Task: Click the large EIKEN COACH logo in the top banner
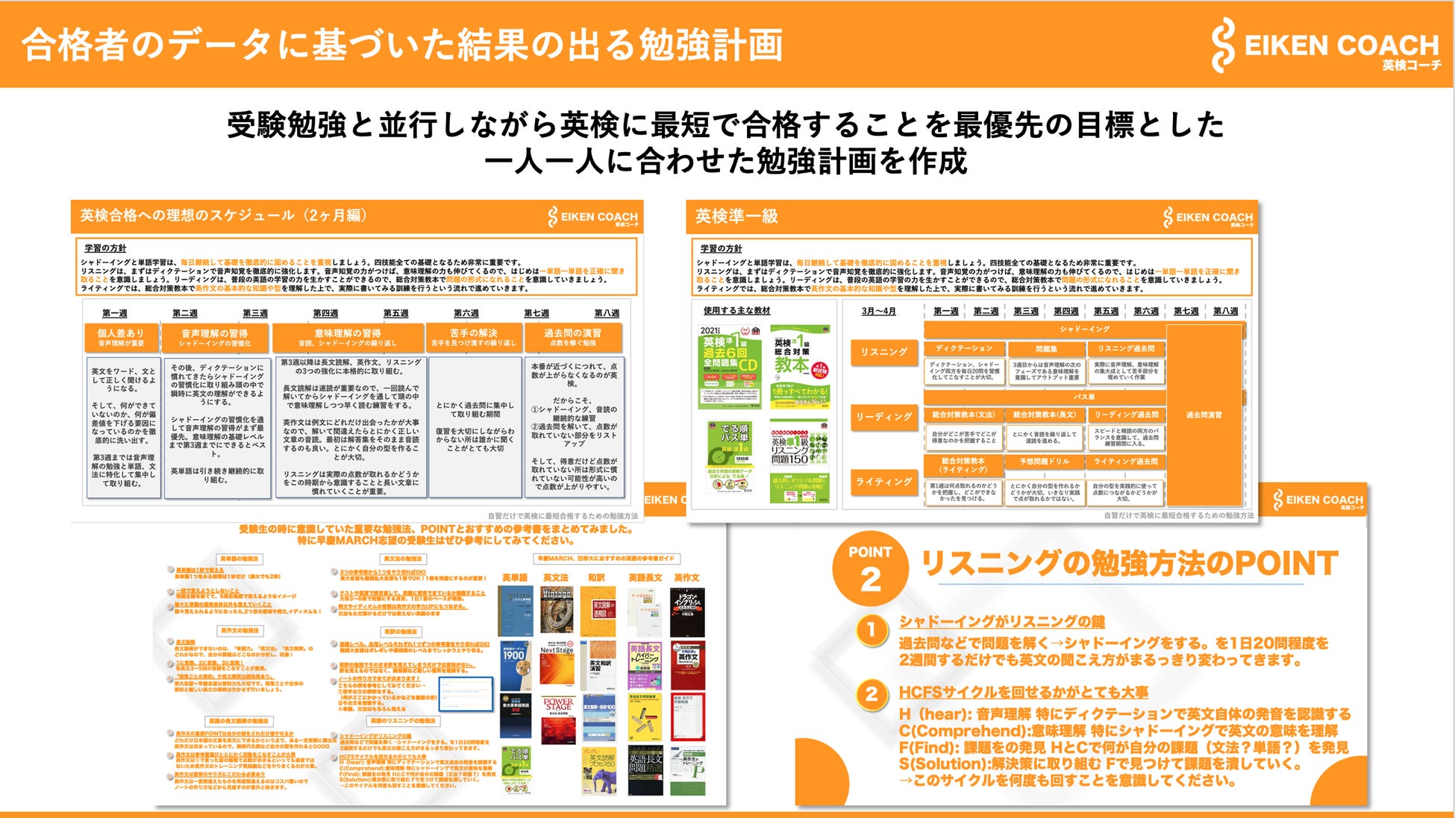tap(1325, 46)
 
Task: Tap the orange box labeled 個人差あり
tap(121, 337)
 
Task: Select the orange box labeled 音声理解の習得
tap(214, 337)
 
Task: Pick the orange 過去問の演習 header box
tap(572, 337)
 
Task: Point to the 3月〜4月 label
tap(878, 311)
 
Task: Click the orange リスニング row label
tap(883, 352)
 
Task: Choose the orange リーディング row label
tap(883, 417)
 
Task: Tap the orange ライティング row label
tap(883, 482)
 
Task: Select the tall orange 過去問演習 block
tap(1204, 415)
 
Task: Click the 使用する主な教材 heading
tap(736, 310)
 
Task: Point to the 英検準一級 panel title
tap(736, 216)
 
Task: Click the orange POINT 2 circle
tap(870, 568)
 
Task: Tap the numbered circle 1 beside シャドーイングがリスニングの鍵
tap(871, 631)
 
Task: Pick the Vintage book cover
tap(556, 611)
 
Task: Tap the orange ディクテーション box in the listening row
tap(964, 348)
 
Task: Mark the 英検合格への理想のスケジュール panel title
tap(224, 215)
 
